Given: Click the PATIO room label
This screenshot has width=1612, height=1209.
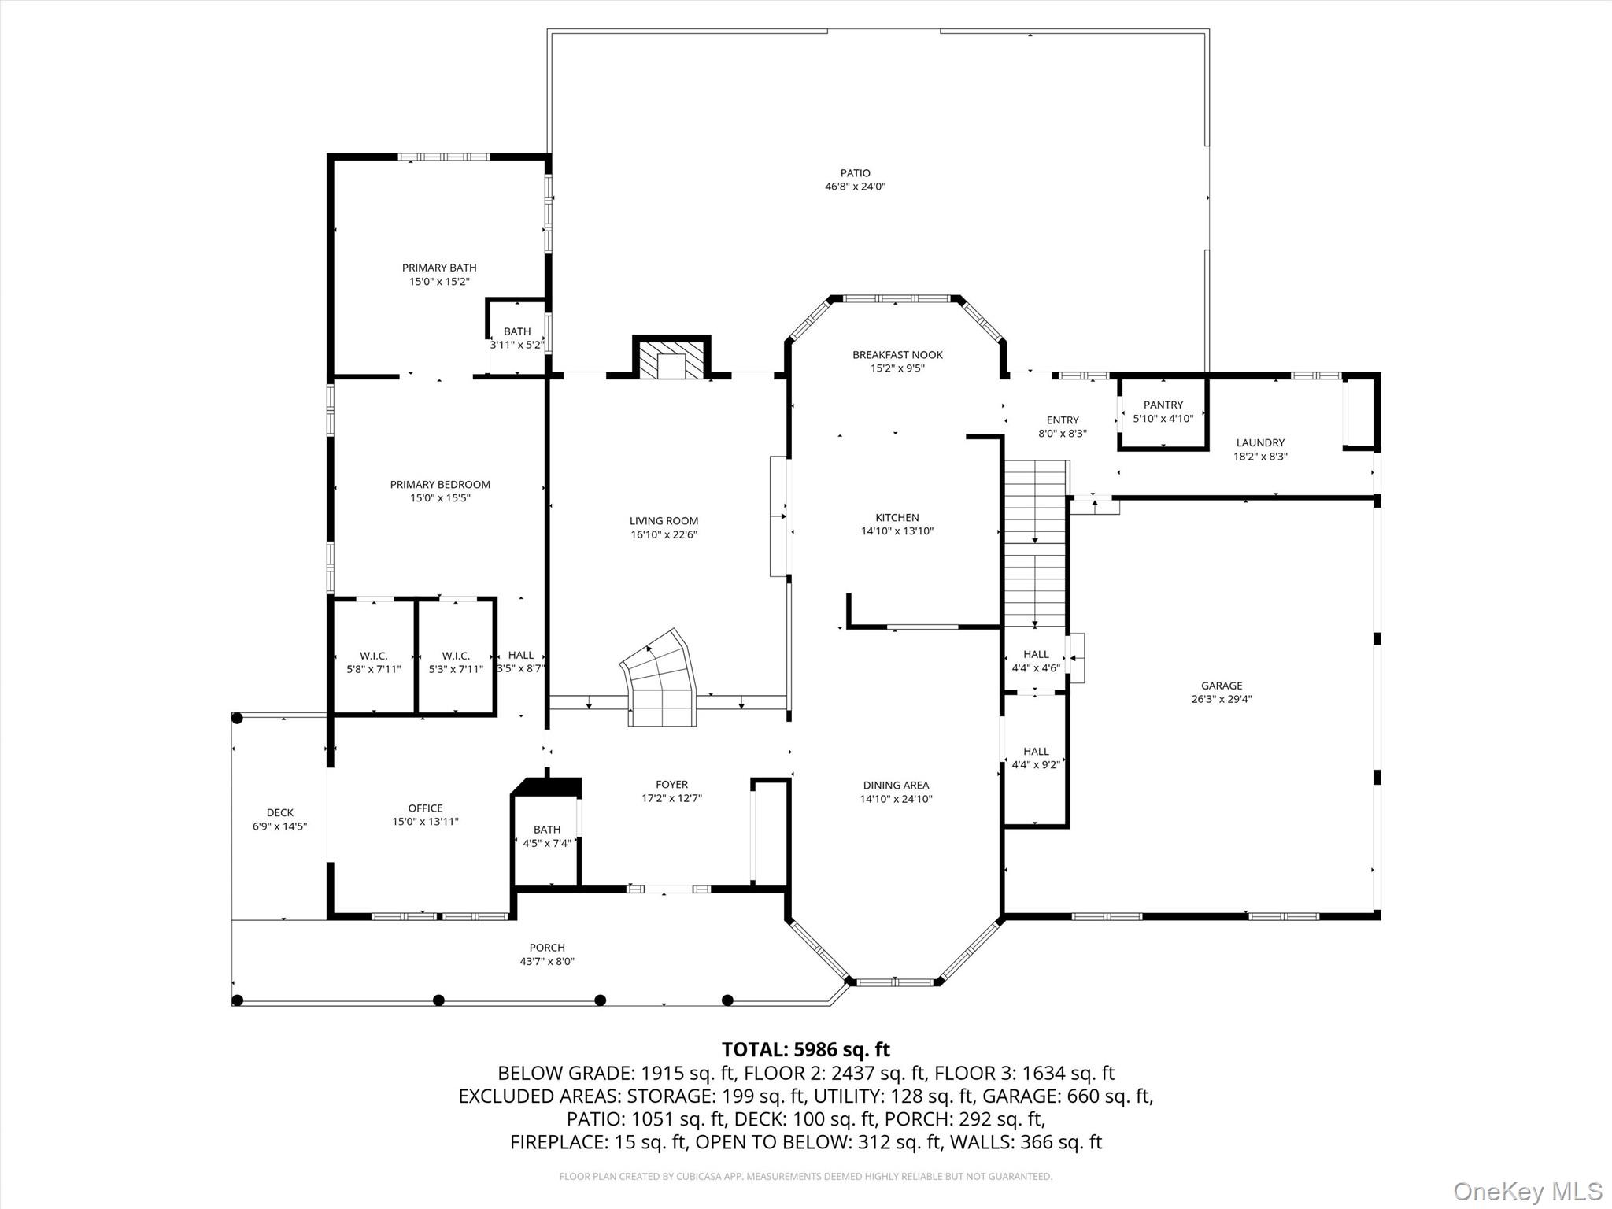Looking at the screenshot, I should [x=855, y=173].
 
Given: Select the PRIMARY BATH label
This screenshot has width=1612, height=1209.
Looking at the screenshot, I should [x=439, y=268].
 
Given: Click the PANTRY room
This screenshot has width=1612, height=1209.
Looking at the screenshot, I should [x=1163, y=412].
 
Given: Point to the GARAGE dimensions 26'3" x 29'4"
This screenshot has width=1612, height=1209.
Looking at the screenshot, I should [x=1221, y=699].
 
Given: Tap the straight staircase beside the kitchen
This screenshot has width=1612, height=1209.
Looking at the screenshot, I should [x=1034, y=543].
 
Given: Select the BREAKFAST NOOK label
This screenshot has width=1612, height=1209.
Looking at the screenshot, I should [x=897, y=355].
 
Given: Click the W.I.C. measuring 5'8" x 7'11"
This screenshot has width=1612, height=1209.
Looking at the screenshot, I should [x=374, y=662].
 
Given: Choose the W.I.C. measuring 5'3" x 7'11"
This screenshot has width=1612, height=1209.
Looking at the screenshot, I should [x=456, y=662].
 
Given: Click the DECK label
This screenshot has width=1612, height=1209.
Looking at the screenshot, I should [x=279, y=812].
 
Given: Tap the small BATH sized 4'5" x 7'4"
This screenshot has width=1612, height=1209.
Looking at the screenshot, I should [x=547, y=836].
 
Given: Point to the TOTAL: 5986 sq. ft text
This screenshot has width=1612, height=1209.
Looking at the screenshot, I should [x=805, y=1049].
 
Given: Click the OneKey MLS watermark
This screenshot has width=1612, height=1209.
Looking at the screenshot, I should [x=1527, y=1191].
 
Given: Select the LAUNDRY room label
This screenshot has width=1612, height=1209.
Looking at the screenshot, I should [x=1259, y=443].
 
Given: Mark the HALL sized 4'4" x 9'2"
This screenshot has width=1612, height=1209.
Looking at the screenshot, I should [x=1036, y=757].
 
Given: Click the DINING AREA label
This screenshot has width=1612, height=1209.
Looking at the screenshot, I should [x=896, y=785].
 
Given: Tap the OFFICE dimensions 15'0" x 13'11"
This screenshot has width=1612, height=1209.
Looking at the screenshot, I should [x=425, y=822].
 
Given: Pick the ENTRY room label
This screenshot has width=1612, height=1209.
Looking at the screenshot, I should [x=1063, y=420].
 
